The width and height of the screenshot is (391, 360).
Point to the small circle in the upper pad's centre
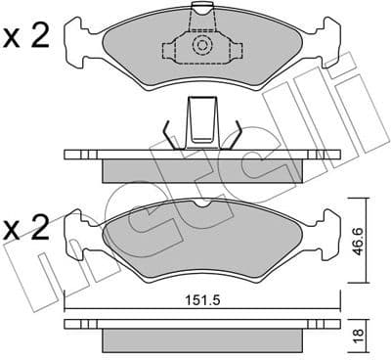click(201, 45)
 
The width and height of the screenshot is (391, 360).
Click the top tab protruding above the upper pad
click(202, 11)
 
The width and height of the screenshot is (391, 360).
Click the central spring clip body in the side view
click(201, 125)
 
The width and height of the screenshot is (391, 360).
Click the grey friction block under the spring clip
click(201, 169)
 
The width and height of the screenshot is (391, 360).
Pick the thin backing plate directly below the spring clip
click(201, 155)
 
